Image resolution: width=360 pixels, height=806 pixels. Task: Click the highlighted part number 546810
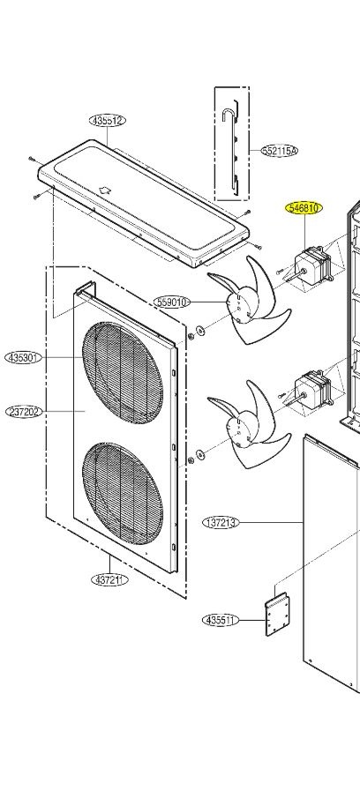[x=304, y=208]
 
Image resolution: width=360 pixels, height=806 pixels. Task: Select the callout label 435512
[x=108, y=121]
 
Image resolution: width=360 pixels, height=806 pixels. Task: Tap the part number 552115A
[x=280, y=151]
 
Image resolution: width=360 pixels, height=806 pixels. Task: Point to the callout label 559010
[x=172, y=302]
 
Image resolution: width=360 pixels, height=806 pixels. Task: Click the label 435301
[x=24, y=358]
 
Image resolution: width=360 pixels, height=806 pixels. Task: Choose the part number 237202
[x=24, y=412]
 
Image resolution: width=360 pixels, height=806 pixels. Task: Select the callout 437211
[x=109, y=580]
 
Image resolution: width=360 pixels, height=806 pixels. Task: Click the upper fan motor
[x=311, y=262]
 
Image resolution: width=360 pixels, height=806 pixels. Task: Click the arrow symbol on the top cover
[x=105, y=190]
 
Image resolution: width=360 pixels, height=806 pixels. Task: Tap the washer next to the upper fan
[x=200, y=331]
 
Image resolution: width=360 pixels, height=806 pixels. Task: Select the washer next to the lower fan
[x=200, y=454]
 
